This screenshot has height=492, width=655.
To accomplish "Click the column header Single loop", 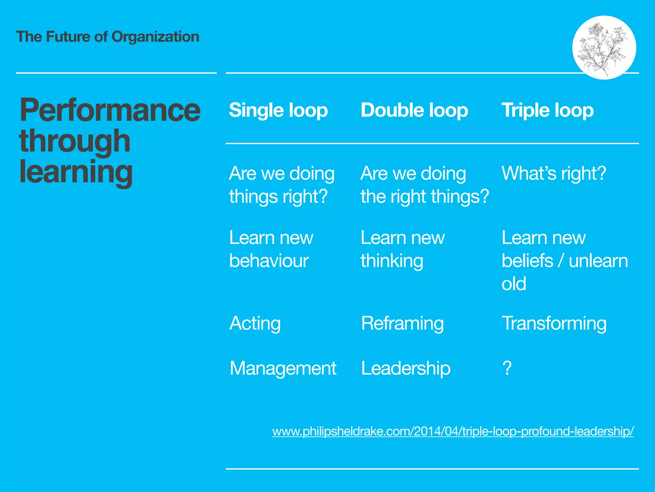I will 278,111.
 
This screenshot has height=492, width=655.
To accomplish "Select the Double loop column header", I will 414,111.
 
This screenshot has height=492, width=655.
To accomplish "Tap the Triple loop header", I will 548,111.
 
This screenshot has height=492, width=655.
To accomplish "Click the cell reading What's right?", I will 554,173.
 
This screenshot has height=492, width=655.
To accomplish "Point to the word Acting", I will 255,323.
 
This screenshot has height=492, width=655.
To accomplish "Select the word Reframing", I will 402,323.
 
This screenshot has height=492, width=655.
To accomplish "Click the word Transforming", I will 554,323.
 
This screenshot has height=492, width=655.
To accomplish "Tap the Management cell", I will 283,368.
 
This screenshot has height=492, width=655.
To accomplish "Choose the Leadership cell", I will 406,368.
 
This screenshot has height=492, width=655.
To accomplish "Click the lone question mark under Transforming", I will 507,368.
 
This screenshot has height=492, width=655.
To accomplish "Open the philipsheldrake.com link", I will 453,431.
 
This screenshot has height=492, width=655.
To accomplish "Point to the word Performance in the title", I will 110,111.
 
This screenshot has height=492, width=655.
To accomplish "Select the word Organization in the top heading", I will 155,37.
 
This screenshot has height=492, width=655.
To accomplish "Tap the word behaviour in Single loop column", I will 269,261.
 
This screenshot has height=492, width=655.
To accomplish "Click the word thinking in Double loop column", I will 392,261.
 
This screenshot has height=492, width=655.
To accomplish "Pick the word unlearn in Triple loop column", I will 598,261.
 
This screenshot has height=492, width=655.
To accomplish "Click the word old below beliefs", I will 514,284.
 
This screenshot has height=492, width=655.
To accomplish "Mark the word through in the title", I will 75,142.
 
